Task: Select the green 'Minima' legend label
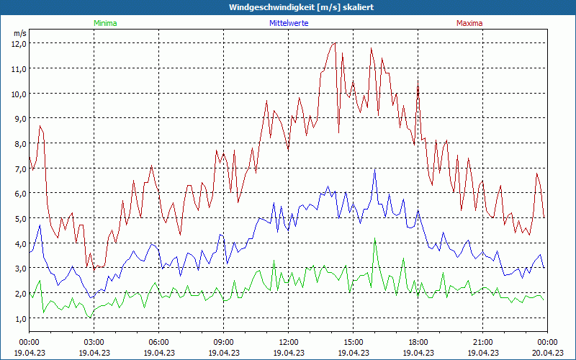tap(104, 23)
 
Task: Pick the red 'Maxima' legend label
tap(469, 23)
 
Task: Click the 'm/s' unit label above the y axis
tap(19, 33)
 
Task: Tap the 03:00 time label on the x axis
tap(94, 342)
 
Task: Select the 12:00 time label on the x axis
tap(288, 342)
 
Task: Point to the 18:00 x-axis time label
tap(418, 342)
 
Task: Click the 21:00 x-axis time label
tap(482, 342)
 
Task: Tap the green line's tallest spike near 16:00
tap(374, 238)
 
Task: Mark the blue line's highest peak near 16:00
tap(374, 170)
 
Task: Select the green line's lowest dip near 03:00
tap(91, 318)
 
